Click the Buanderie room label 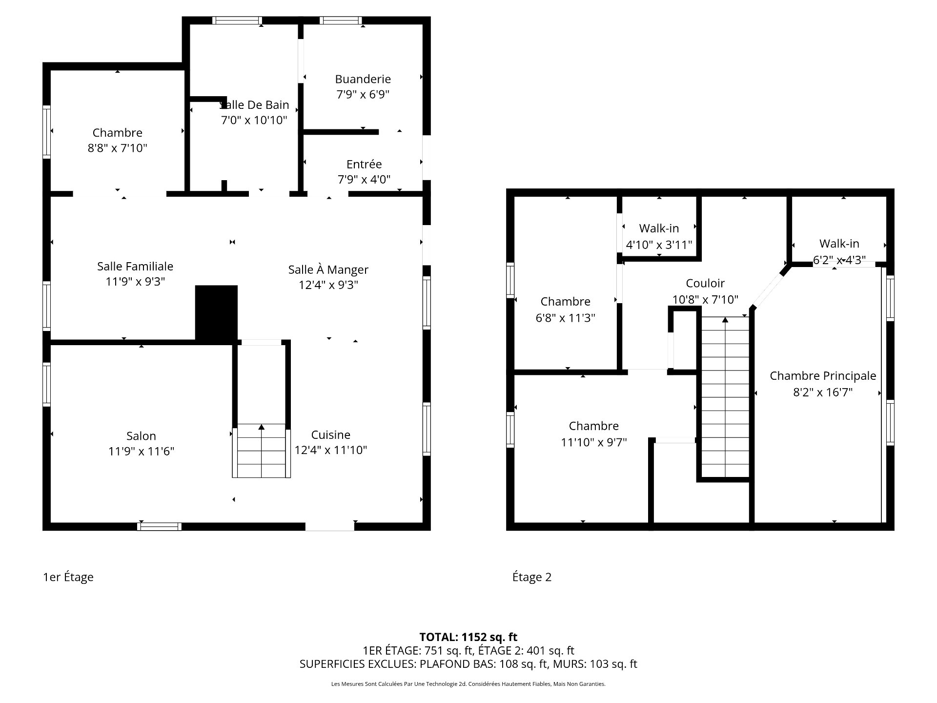pyautogui.click(x=363, y=79)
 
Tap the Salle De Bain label pyautogui.click(x=255, y=105)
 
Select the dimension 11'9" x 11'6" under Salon pyautogui.click(x=141, y=452)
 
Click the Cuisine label pyautogui.click(x=330, y=435)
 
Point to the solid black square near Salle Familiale pyautogui.click(x=216, y=312)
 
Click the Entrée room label pyautogui.click(x=364, y=165)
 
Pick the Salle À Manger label pyautogui.click(x=328, y=270)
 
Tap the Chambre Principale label pyautogui.click(x=823, y=376)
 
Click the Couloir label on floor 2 pyautogui.click(x=705, y=284)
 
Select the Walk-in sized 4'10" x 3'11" pyautogui.click(x=659, y=228)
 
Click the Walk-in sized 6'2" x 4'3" pyautogui.click(x=839, y=244)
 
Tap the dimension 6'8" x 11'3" pyautogui.click(x=565, y=318)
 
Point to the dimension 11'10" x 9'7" pyautogui.click(x=593, y=442)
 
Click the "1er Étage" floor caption pyautogui.click(x=68, y=577)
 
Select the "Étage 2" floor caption pyautogui.click(x=531, y=577)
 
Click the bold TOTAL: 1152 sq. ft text pyautogui.click(x=468, y=637)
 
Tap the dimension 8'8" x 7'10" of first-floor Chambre pyautogui.click(x=117, y=148)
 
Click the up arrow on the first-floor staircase pyautogui.click(x=261, y=427)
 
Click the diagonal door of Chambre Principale pyautogui.click(x=769, y=289)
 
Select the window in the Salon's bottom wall pyautogui.click(x=159, y=526)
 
